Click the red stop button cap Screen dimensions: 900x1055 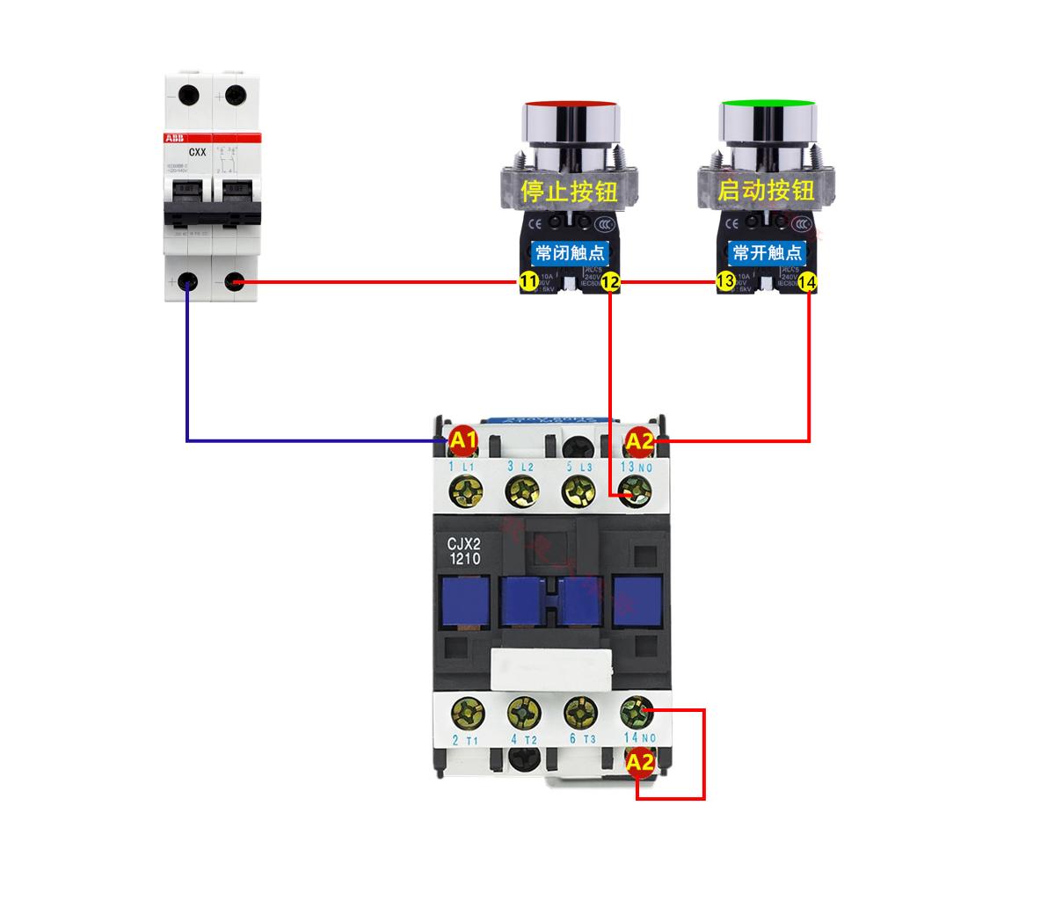pos(569,108)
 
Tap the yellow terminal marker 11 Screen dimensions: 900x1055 pos(527,282)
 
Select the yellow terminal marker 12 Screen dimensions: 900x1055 pos(610,282)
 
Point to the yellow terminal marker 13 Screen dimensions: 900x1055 pos(725,282)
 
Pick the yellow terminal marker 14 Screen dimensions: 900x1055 pos(809,282)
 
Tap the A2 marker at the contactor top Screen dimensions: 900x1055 pos(639,441)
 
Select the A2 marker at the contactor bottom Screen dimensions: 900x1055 pos(640,763)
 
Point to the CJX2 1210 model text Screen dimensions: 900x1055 pos(464,550)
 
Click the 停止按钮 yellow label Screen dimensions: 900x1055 pos(569,191)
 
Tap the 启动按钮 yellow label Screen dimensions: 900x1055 pos(766,190)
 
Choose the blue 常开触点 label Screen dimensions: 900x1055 pos(767,253)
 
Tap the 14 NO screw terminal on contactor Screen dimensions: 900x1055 pos(635,710)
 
